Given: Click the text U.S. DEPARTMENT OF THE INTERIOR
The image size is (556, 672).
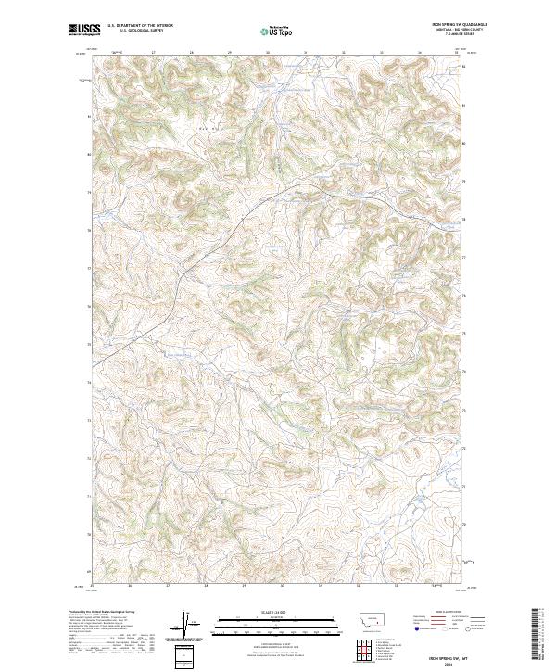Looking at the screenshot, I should click(140, 26).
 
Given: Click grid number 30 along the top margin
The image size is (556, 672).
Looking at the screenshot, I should click(269, 53).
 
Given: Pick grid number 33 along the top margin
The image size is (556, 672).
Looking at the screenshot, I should click(383, 53).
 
